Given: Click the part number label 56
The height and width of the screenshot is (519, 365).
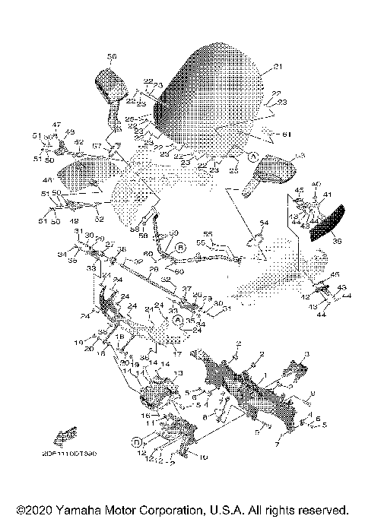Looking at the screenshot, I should coord(112,56).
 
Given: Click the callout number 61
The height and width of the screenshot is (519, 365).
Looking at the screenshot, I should coord(287,134).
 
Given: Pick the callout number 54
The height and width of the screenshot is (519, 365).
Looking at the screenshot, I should coord(264,222).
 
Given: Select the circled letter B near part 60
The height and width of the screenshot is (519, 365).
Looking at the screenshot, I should coord(180,248).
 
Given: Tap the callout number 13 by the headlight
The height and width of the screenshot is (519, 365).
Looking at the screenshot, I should coord(179,373).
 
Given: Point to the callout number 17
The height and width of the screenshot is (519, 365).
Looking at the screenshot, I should coord(176,353).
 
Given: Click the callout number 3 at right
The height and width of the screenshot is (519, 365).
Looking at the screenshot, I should coord(306,355).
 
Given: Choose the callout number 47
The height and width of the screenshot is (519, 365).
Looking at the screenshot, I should coord(56,124).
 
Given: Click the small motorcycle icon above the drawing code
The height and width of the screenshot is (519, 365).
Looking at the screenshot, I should coord(65,436).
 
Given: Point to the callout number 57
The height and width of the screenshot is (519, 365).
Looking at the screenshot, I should coord(97,146).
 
